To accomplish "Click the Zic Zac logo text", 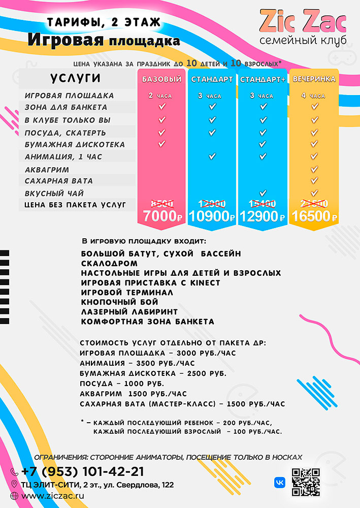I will tap(303, 21).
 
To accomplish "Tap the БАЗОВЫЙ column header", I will tap(162, 79).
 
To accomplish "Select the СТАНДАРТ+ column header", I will tap(262, 79).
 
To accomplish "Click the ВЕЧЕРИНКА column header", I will tap(314, 79).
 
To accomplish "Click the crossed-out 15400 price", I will tap(263, 203).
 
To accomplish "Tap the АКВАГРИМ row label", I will tap(47, 169).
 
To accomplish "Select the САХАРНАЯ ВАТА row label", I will tap(58, 181).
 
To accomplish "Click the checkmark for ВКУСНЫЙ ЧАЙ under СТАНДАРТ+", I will tap(263, 193).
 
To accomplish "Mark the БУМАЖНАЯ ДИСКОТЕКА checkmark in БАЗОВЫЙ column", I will tap(162, 144).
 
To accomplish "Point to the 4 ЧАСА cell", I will tap(313, 96).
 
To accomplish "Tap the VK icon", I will tap(279, 482).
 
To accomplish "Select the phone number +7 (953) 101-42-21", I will tap(82, 471).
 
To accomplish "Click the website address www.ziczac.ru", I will tap(53, 495).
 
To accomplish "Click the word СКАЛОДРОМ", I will tap(109, 263).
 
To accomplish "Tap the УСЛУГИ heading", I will tap(75, 78).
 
